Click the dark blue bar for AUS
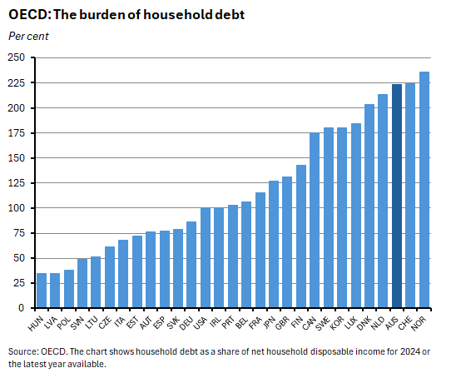click(397, 196)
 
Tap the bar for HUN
click(42, 291)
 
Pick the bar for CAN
click(315, 221)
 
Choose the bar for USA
click(206, 258)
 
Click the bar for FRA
click(260, 250)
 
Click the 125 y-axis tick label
click(17, 183)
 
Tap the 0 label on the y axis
click(23, 308)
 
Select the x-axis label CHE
click(409, 319)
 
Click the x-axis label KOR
click(340, 319)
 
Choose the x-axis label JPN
click(271, 319)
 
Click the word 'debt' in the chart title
click(229, 15)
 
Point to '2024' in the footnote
click(410, 351)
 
